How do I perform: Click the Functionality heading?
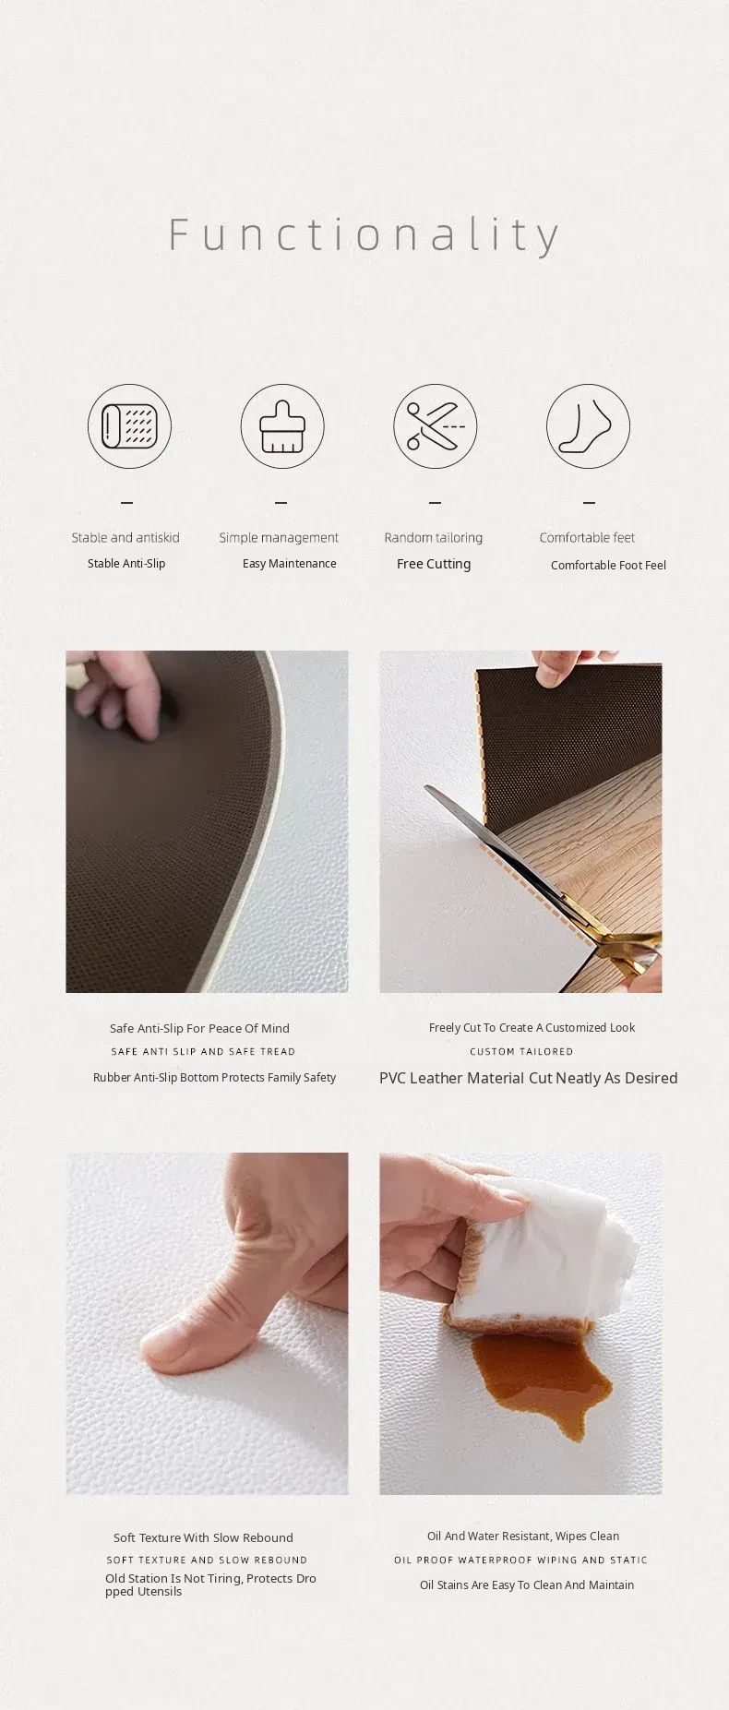pos(364,235)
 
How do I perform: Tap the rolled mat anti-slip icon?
pos(130,426)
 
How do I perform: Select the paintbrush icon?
pos(282,426)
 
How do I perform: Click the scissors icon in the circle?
pos(436,426)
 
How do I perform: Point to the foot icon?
pos(589,426)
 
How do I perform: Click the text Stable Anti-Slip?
pos(126,563)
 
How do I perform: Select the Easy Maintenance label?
pos(290,563)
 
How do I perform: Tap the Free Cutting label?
pos(434,564)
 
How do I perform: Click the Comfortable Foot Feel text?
pos(608,565)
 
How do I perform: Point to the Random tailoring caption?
pos(434,537)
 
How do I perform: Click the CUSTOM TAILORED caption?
pos(521,1051)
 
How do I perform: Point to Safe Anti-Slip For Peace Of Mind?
pos(199,1028)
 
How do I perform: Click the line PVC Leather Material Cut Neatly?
pos(529,1078)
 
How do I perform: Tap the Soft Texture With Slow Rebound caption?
pos(203,1537)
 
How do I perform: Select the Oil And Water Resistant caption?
pos(523,1536)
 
